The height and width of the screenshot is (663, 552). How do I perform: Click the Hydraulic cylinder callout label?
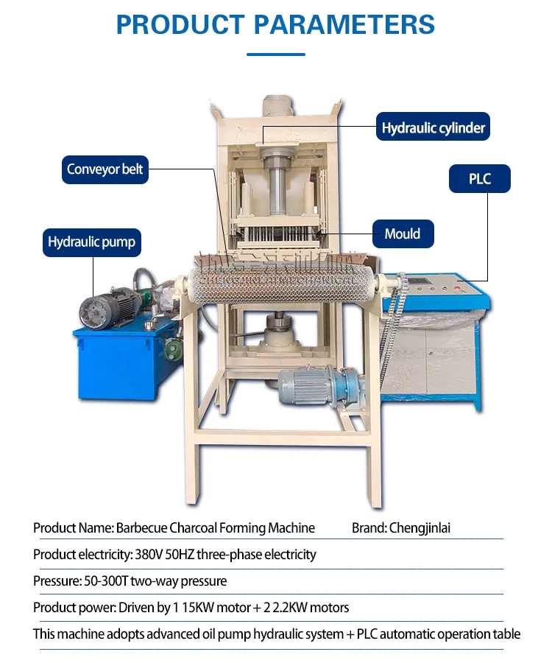(x=433, y=128)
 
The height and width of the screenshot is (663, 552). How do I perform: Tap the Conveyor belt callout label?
(x=105, y=169)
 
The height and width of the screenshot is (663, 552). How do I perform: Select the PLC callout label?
(x=479, y=179)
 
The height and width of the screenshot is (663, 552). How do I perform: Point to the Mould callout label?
(x=402, y=234)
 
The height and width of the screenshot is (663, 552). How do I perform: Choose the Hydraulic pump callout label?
(x=91, y=242)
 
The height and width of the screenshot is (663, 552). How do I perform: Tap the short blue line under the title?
(x=275, y=55)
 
